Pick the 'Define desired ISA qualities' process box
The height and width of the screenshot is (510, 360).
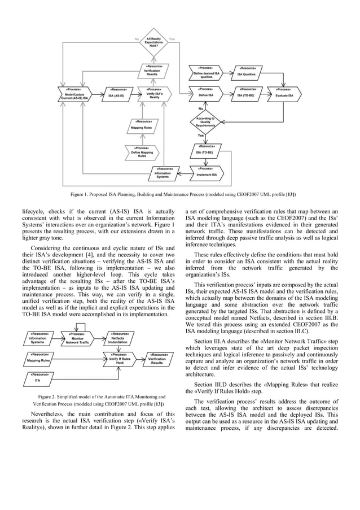(x=206, y=73)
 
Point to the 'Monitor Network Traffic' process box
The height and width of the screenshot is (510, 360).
(x=77, y=338)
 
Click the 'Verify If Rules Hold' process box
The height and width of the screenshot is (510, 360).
(x=120, y=359)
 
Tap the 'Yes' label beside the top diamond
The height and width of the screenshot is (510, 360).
(x=172, y=38)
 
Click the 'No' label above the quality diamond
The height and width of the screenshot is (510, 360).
(x=200, y=108)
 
